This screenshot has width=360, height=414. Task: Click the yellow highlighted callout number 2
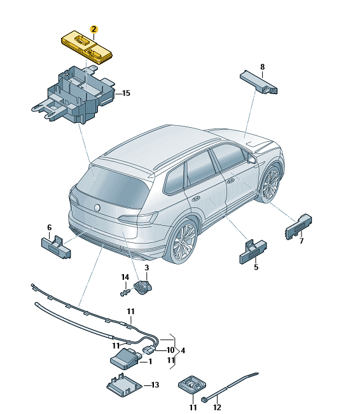93,29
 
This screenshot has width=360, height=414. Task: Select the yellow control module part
87,47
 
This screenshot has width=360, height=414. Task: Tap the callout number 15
126,93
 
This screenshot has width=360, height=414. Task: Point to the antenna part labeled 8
259,82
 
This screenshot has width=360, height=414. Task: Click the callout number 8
262,67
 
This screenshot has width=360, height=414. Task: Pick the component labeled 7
298,226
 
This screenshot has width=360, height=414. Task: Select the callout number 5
256,267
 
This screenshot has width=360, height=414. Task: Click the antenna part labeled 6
56,247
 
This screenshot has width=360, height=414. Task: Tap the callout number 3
147,268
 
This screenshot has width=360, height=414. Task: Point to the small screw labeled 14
125,293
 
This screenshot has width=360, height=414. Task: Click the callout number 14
125,277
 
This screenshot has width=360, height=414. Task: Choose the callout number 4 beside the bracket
183,350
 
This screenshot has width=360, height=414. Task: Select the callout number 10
170,350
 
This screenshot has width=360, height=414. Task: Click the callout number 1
150,361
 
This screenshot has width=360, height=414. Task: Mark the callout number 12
217,408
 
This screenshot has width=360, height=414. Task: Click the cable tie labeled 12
230,387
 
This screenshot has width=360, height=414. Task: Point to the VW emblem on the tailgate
97,208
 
